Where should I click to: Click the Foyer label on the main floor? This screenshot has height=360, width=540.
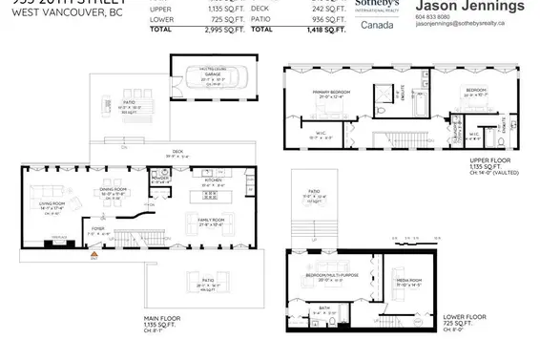point(97,229)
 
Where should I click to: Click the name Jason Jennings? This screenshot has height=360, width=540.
point(470,7)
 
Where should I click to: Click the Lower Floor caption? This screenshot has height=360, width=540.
point(465,316)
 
